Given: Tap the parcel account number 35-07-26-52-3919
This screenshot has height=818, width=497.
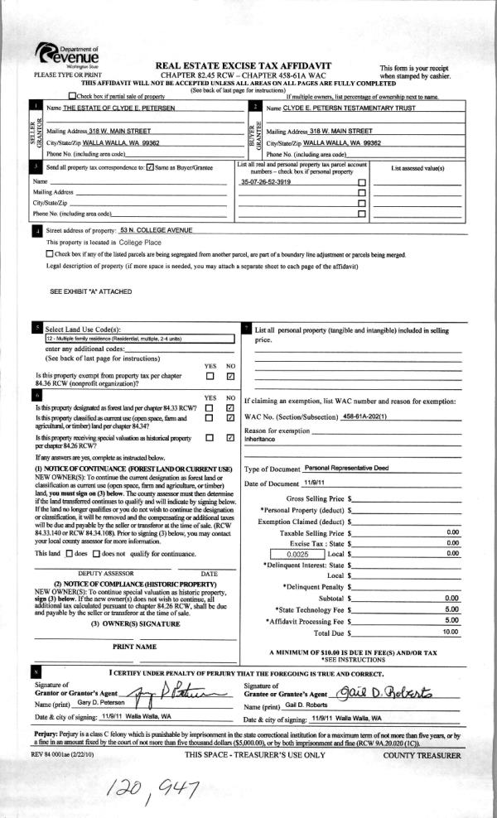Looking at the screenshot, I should point(265,180).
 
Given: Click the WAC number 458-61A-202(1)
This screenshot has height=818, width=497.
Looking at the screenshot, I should point(365,415).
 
